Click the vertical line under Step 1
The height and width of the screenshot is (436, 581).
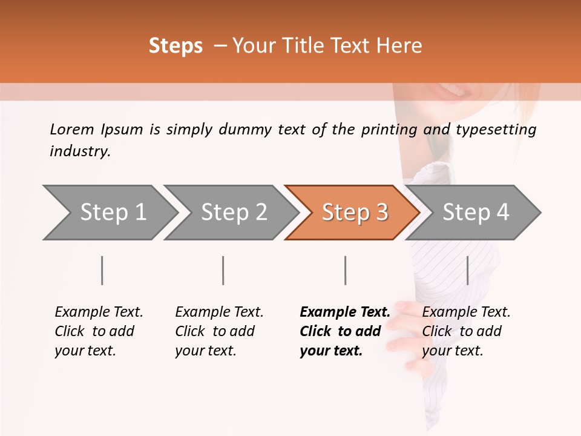pyautogui.click(x=102, y=270)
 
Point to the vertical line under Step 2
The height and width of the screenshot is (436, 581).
pyautogui.click(x=223, y=270)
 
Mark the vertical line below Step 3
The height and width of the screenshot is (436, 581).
pyautogui.click(x=345, y=270)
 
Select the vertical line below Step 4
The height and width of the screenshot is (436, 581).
pyautogui.click(x=467, y=270)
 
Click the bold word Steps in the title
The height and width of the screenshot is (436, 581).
pyautogui.click(x=176, y=46)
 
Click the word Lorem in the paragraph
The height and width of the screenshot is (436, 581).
pyautogui.click(x=71, y=129)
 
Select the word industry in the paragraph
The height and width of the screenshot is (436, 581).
pyautogui.click(x=80, y=151)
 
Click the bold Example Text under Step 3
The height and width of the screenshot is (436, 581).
pyautogui.click(x=345, y=312)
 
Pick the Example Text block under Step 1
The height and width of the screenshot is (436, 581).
pyautogui.click(x=99, y=331)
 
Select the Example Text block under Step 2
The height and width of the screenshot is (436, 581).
pyautogui.click(x=219, y=331)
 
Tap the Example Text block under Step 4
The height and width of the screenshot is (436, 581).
pyautogui.click(x=466, y=331)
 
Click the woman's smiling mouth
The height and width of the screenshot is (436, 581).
pyautogui.click(x=451, y=91)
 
